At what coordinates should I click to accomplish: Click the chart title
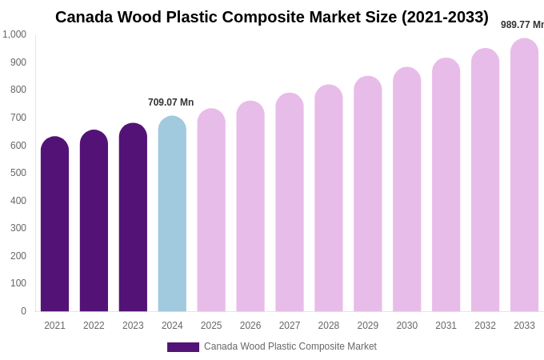click(272, 17)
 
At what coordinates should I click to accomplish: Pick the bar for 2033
click(524, 175)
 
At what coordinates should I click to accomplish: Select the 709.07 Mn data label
click(170, 102)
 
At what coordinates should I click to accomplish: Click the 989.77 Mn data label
click(522, 25)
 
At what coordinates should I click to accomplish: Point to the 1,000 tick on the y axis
click(14, 34)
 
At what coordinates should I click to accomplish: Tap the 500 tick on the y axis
click(18, 173)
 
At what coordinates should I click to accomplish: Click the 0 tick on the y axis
click(23, 311)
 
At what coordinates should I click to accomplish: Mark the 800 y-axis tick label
click(18, 90)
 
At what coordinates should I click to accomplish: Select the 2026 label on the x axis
click(250, 326)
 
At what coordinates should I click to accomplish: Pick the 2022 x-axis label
click(94, 326)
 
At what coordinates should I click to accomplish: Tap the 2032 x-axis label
click(485, 326)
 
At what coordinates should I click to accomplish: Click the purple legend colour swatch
click(182, 347)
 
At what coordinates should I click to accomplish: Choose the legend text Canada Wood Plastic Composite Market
click(290, 346)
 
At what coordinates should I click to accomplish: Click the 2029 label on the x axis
click(368, 326)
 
